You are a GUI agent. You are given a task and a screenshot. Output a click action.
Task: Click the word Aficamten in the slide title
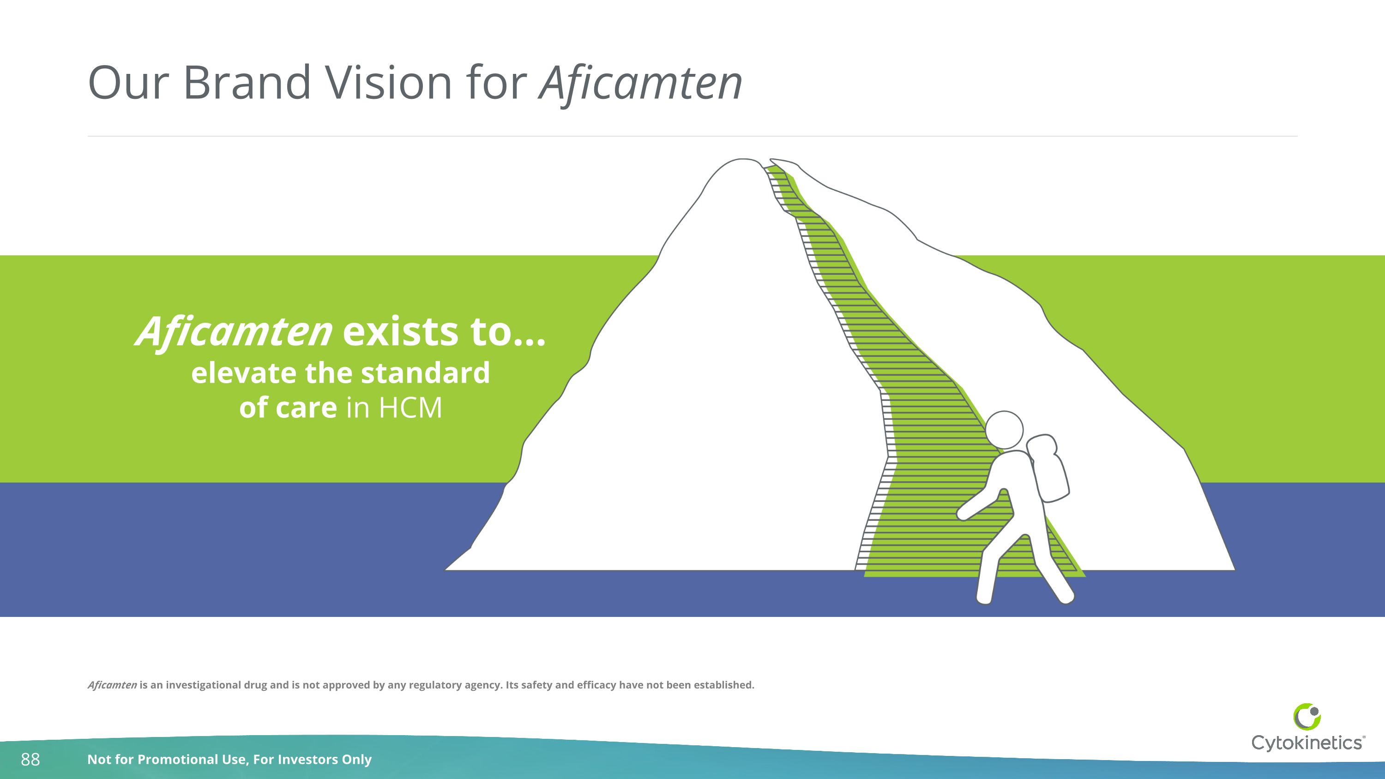point(640,83)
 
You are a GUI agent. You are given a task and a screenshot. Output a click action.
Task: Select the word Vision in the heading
point(388,83)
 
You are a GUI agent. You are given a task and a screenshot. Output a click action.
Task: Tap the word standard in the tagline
point(425,373)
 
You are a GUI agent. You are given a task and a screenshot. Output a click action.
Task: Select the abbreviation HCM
point(410,408)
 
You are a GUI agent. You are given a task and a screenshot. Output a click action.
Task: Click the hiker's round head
point(1004,430)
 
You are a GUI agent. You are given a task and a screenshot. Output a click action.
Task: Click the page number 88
point(30,760)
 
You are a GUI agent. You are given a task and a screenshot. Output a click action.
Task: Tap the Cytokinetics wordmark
point(1307,743)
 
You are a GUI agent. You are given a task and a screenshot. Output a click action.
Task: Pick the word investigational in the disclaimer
point(203,685)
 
